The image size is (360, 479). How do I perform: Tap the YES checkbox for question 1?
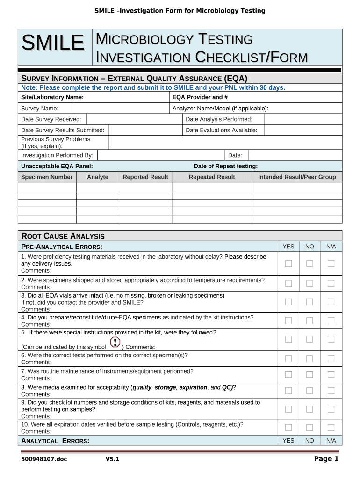coord(288,263)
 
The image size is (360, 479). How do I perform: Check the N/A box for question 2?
coord(331,283)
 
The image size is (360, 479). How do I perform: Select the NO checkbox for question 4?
coord(310,320)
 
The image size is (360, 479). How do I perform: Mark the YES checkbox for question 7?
coord(288,374)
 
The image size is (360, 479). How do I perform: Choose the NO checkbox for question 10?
coord(310,427)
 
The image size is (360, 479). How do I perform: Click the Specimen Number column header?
coord(47,177)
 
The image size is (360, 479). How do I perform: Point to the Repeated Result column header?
coord(212,177)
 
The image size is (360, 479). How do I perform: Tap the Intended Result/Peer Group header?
coord(297,177)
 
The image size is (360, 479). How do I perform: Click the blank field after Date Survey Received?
coord(134,119)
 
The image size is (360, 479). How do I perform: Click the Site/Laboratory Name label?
coord(52,97)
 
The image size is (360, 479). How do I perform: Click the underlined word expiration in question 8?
coord(193,387)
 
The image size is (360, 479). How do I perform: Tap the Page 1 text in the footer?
coord(326,459)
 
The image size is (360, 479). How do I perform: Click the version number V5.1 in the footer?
coord(112,459)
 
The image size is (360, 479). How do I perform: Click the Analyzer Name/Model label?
coord(220,109)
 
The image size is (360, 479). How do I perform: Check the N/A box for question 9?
coord(331,409)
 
